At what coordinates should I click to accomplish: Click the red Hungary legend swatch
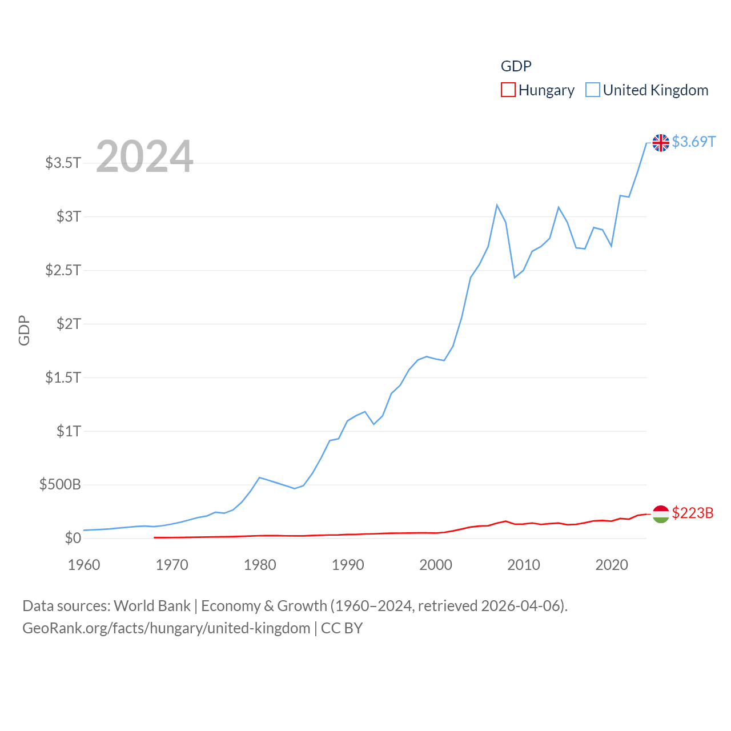tap(508, 90)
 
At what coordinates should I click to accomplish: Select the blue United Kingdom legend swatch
tap(593, 90)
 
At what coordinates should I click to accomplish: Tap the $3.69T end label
tap(693, 142)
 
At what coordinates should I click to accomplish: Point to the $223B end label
tap(693, 513)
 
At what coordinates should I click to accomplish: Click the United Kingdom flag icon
tap(661, 143)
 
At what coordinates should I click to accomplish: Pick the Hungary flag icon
tap(661, 514)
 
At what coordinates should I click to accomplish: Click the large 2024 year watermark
tap(144, 156)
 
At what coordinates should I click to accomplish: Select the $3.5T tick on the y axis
tap(63, 163)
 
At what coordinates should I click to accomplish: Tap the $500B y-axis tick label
tap(60, 485)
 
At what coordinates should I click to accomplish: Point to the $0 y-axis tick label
tap(73, 539)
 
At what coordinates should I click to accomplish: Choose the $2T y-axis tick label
tap(69, 324)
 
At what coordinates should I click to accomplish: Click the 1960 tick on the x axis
tap(84, 565)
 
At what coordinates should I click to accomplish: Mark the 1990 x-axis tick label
tap(348, 565)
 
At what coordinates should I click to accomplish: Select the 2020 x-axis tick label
tap(612, 565)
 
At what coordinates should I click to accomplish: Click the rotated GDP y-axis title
tap(24, 330)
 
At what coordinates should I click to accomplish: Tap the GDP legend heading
tap(516, 66)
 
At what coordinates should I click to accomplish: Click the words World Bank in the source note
tap(152, 606)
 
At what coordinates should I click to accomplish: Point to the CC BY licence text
tap(342, 629)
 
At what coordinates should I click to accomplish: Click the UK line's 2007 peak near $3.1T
tap(497, 205)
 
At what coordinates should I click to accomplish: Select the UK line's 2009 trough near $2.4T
tap(515, 278)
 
